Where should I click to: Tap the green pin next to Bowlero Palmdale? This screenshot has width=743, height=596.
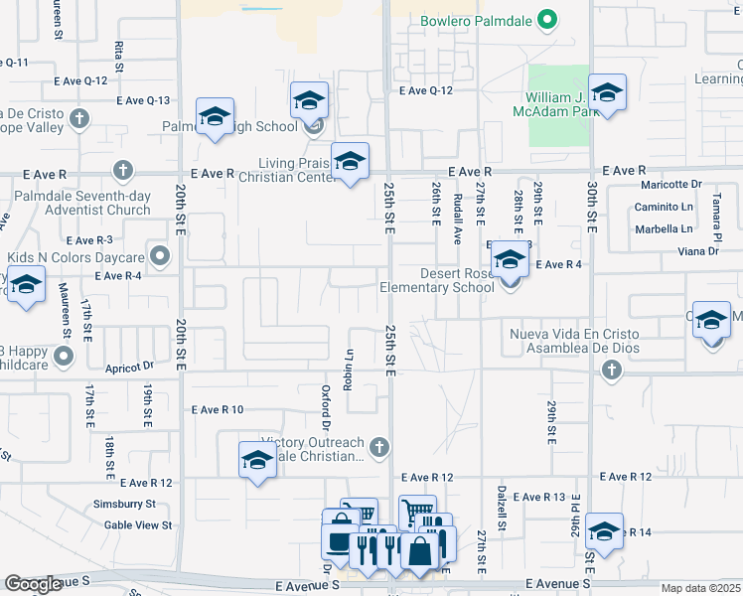coord(545,19)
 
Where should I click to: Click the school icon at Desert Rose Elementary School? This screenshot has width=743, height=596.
coord(511,261)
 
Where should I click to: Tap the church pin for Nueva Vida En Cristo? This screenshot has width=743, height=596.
coord(610,370)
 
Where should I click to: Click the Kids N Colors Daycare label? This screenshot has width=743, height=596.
coord(75,256)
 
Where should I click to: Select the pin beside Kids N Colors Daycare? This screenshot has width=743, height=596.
coord(158,256)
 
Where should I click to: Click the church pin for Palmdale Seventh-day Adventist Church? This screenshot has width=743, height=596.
coord(122,169)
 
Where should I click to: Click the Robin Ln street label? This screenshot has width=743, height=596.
coord(349,370)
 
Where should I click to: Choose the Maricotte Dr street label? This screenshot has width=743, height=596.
coord(670,184)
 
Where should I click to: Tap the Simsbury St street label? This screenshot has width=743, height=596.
coord(131,505)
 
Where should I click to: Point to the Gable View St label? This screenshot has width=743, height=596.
coord(138,524)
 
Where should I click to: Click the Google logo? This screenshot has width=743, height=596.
coord(33,584)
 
